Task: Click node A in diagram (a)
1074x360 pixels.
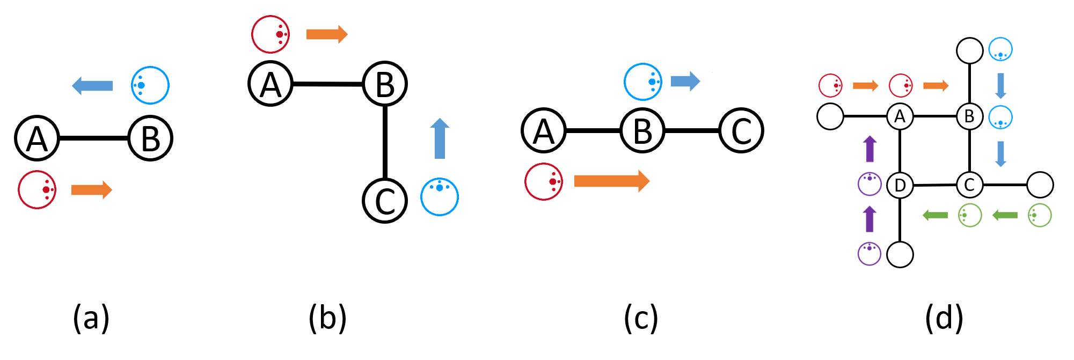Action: (36, 138)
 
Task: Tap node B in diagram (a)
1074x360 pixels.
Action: (150, 138)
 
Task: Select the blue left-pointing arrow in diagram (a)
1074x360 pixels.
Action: (92, 86)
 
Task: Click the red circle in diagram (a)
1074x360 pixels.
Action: (37, 190)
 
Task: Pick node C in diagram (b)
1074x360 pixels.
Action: (385, 201)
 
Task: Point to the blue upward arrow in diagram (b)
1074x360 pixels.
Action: (440, 138)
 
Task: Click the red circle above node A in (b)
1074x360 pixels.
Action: (271, 34)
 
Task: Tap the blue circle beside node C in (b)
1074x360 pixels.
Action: (440, 197)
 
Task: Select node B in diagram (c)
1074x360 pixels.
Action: (642, 131)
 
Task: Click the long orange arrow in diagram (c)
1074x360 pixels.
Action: (612, 181)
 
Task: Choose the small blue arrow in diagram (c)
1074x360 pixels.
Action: (685, 82)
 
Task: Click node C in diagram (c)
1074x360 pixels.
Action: (741, 131)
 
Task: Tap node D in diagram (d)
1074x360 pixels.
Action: (900, 185)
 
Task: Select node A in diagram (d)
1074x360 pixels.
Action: (900, 116)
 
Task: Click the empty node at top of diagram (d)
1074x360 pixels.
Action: (969, 51)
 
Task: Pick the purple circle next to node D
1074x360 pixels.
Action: (870, 184)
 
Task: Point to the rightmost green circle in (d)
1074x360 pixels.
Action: (1040, 216)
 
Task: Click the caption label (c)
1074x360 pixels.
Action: (641, 318)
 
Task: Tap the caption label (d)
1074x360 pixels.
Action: (944, 318)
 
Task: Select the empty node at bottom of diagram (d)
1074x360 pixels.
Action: (900, 254)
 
